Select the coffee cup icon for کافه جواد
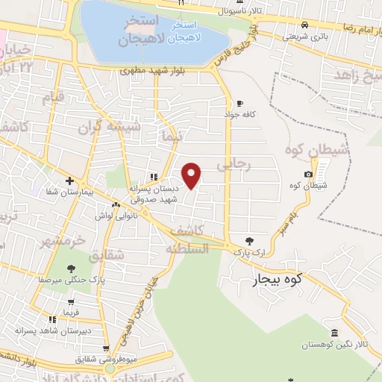[x=239, y=104]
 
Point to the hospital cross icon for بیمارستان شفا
[x=69, y=180]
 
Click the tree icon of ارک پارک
[x=250, y=241]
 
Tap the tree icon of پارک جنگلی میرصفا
[x=71, y=269]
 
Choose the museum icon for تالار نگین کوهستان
[x=333, y=333]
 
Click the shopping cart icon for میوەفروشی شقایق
[x=106, y=348]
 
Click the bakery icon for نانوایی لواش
[x=116, y=204]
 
